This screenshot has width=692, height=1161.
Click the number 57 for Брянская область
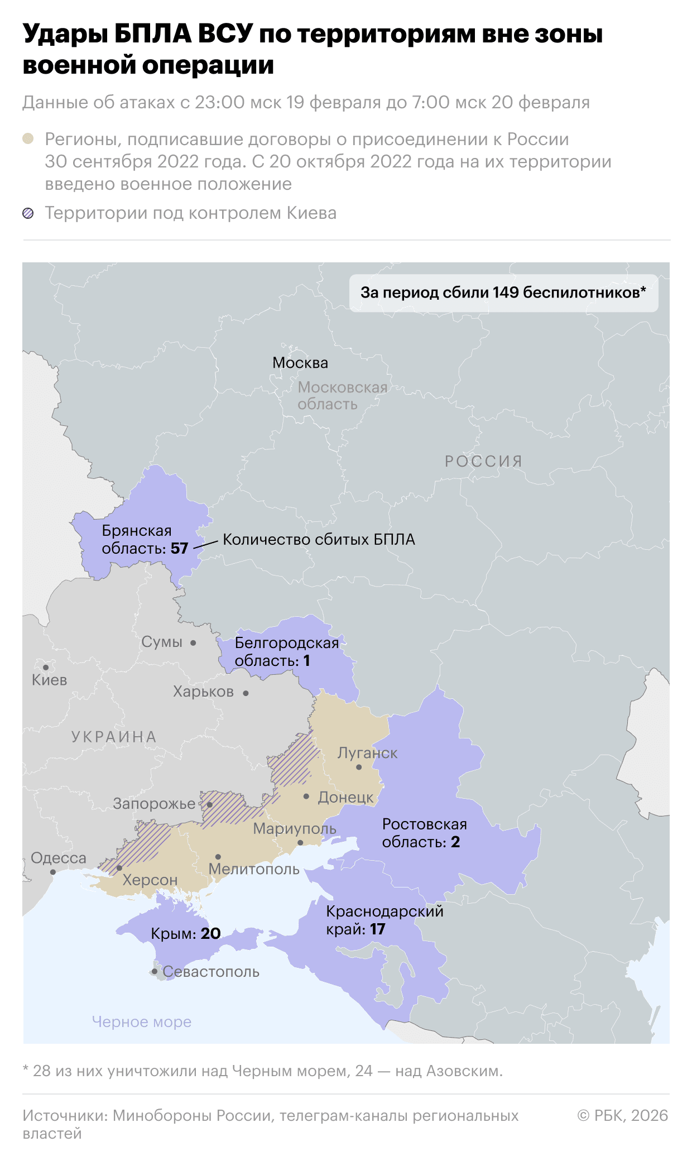[179, 549]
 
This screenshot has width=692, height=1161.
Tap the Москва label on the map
[300, 363]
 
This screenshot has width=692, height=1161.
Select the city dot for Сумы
[193, 643]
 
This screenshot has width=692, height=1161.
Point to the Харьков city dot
[246, 693]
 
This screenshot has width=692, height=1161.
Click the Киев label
[49, 680]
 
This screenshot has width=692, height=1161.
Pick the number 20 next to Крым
[210, 934]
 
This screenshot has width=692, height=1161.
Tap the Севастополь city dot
[155, 972]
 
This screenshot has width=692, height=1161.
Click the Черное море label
[142, 1022]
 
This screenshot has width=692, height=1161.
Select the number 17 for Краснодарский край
[378, 929]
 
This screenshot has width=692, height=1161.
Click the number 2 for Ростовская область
[455, 842]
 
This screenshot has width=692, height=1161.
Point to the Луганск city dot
[359, 767]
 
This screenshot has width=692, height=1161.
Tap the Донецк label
[345, 798]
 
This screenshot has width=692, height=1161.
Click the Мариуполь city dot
[300, 843]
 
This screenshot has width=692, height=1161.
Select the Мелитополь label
[254, 869]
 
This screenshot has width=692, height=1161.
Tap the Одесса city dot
[53, 872]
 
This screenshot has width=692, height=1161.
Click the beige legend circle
[28, 139]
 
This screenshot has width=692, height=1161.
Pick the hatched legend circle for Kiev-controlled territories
[28, 213]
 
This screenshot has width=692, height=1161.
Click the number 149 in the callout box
[506, 292]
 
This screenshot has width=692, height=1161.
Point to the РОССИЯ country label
[484, 462]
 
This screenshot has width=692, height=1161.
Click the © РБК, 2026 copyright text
[622, 1116]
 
